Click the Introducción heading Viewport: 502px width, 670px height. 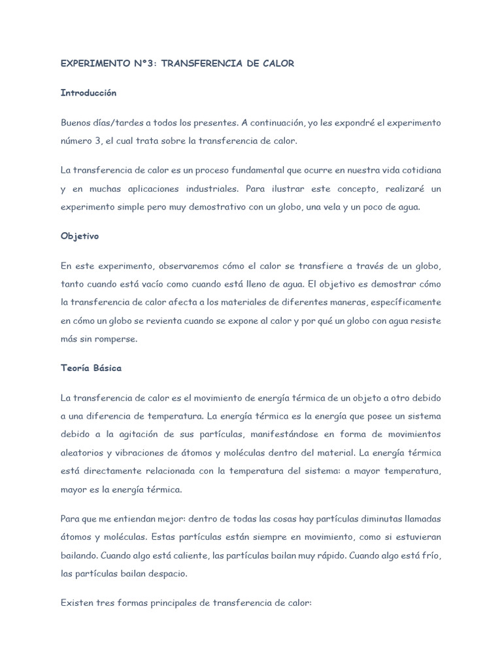88,93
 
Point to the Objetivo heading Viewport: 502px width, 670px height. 79,236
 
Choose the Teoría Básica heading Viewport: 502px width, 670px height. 91,368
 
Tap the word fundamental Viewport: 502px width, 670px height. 256,170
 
